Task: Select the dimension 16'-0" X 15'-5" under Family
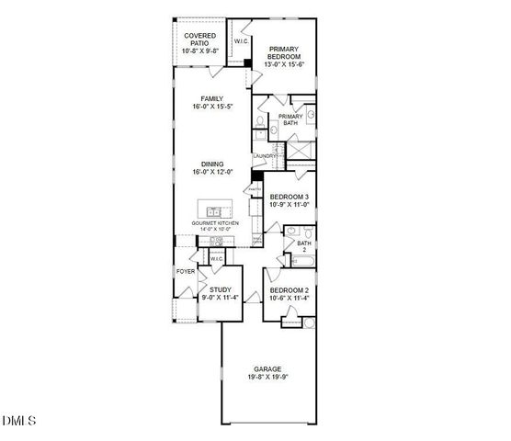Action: (213, 107)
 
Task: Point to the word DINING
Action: (213, 164)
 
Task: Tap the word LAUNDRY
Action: (264, 156)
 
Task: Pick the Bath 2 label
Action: (303, 245)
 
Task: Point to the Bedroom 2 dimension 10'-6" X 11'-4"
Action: (289, 298)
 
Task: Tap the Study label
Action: (221, 290)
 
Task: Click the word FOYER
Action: (186, 273)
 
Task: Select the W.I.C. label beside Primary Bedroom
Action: (241, 42)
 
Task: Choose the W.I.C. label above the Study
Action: (217, 259)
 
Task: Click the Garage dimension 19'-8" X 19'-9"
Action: (269, 377)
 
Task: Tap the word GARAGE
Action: (269, 368)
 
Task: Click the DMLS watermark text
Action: (19, 422)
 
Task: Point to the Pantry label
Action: (255, 191)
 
